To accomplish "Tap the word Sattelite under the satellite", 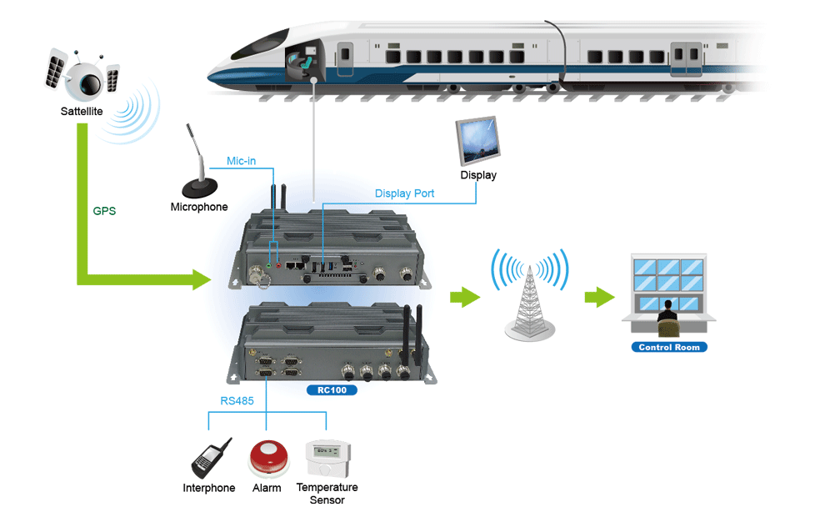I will pos(82,111).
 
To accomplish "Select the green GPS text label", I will pos(104,211).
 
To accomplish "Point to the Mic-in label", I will pos(242,161).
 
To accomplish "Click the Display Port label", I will pos(404,193).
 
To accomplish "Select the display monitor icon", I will pos(479,140).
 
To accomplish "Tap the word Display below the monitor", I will pos(478,175).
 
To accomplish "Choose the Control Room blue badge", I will pos(669,347).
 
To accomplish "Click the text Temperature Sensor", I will pos(327,494).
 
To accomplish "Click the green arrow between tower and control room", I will pos(599,298).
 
